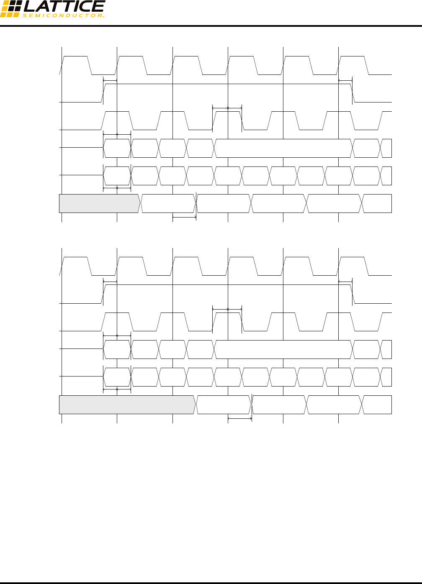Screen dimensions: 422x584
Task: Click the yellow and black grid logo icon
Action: click(10, 8)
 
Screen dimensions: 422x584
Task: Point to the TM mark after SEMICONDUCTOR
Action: click(103, 17)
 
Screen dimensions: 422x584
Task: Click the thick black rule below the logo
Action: click(211, 26)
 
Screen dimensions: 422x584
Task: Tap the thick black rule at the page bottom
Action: click(211, 582)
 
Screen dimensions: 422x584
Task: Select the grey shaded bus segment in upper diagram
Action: click(99, 203)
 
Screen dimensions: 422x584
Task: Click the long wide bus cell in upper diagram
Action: click(283, 148)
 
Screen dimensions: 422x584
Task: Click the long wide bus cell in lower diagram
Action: click(283, 349)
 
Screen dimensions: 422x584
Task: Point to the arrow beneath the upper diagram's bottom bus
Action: click(184, 217)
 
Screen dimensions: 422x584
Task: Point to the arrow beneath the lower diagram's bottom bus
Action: click(239, 418)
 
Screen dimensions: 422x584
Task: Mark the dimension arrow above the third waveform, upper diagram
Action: click(227, 108)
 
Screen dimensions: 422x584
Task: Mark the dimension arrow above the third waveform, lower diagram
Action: click(227, 310)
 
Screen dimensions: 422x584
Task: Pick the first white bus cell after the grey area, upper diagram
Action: click(168, 203)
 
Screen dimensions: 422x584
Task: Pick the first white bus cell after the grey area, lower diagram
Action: click(224, 405)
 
